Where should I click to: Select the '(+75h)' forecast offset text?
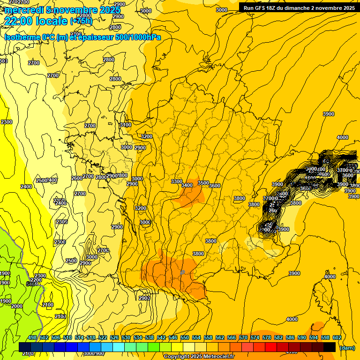[81, 21]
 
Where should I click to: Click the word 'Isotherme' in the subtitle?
[22, 37]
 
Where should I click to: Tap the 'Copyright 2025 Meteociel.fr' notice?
[199, 356]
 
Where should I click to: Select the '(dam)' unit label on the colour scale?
[347, 347]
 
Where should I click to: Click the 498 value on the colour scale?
[32, 337]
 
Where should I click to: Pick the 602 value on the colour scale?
[337, 337]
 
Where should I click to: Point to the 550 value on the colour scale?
[184, 337]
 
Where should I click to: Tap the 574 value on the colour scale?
[255, 337]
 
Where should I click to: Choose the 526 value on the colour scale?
[114, 337]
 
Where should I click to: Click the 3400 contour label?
[187, 185]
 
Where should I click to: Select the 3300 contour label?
[177, 181]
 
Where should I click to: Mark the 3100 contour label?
[126, 125]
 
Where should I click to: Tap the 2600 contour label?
[77, 178]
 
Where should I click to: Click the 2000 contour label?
[16, 306]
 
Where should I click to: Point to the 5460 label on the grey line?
[32, 284]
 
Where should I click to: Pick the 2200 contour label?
[36, 280]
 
